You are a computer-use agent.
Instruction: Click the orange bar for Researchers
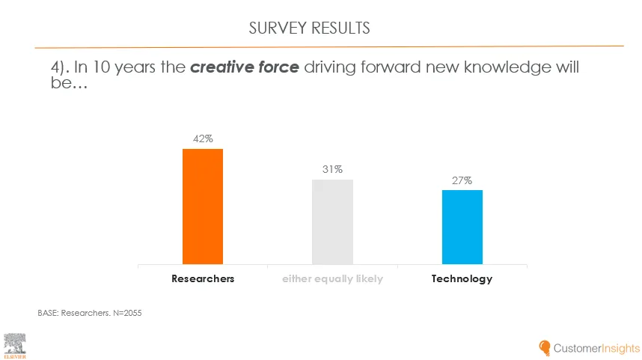click(203, 207)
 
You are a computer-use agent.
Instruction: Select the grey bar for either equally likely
click(332, 222)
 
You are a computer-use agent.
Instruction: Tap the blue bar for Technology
click(462, 227)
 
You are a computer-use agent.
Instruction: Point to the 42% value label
click(203, 138)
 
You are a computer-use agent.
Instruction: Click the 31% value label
click(332, 169)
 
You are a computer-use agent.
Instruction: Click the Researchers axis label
click(203, 278)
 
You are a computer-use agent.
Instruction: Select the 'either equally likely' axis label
click(332, 278)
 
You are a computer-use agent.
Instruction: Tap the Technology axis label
click(462, 278)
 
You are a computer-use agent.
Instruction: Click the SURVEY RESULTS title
click(309, 28)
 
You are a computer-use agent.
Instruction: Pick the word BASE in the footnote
click(48, 313)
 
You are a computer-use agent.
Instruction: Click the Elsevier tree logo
click(15, 344)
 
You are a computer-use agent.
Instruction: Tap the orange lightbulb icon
click(545, 348)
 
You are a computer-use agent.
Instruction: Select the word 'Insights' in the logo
click(617, 348)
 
